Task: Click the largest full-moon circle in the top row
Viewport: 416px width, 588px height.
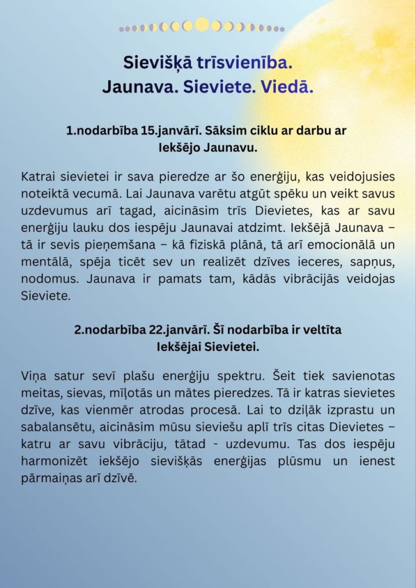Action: coord(202,25)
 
